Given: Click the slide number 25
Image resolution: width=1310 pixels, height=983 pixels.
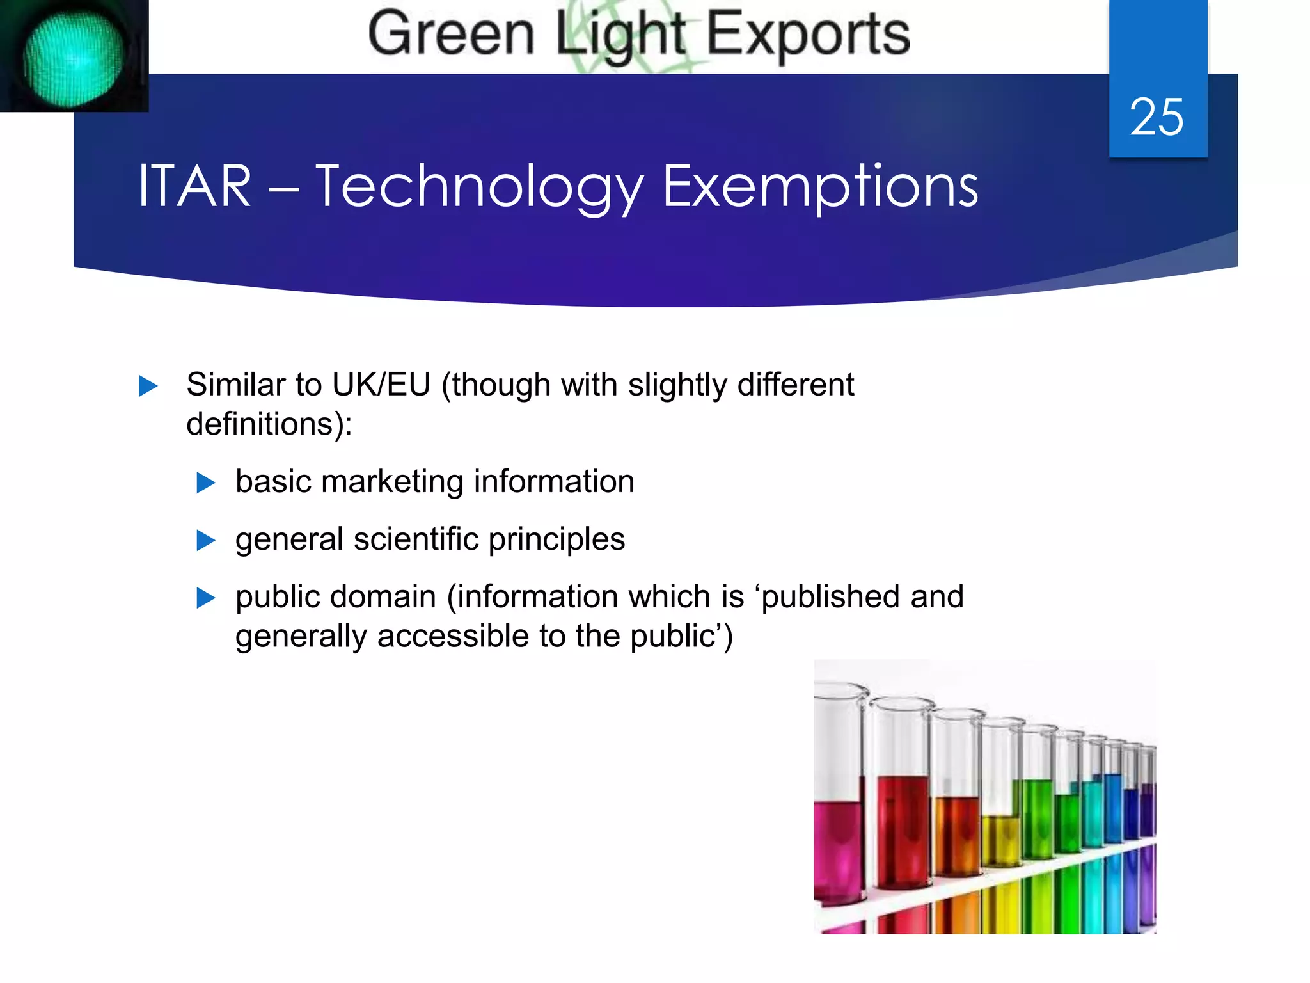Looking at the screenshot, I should pos(1156,117).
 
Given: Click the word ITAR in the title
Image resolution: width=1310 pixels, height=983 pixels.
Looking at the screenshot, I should pos(194,186).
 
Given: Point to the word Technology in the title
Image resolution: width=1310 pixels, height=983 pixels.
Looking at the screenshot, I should pos(479,188).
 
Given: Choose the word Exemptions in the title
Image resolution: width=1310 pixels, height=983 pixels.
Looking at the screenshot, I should pos(820,186).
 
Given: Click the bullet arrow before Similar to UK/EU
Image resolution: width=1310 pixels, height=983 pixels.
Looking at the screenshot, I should pos(148,386).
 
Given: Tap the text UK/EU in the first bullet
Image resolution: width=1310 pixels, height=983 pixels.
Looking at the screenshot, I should pos(381,385).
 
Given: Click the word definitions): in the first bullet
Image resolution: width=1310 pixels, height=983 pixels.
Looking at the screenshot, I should pos(269,424).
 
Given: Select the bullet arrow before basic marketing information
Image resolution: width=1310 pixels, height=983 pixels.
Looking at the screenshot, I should pos(205,483).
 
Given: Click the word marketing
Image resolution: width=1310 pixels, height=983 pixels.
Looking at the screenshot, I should pos(392,482).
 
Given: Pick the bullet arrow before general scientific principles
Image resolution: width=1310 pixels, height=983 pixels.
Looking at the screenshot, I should pos(205,541).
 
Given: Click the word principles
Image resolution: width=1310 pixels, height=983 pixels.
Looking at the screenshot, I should pos(556,539).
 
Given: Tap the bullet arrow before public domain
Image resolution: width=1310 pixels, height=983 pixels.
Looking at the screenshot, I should pos(205,598).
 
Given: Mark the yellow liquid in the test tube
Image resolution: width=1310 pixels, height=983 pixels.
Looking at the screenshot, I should pos(1001,838).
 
